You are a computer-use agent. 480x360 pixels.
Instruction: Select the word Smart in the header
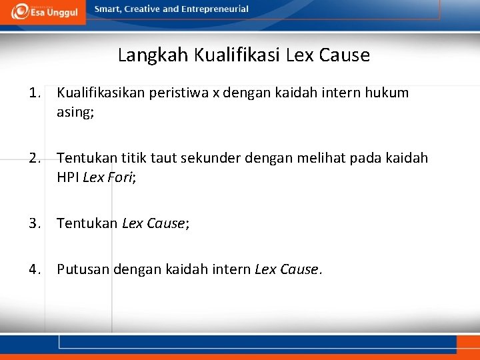(107, 9)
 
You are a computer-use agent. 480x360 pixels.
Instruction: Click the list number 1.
(35, 93)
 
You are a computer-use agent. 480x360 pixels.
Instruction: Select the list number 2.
(35, 158)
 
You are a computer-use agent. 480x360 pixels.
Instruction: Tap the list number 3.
(35, 223)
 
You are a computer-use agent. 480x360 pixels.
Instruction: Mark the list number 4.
(35, 269)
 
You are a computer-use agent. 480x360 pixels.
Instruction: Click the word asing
(75, 112)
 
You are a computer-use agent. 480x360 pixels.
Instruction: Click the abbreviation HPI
(68, 178)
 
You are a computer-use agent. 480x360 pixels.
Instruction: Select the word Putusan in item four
(83, 269)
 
